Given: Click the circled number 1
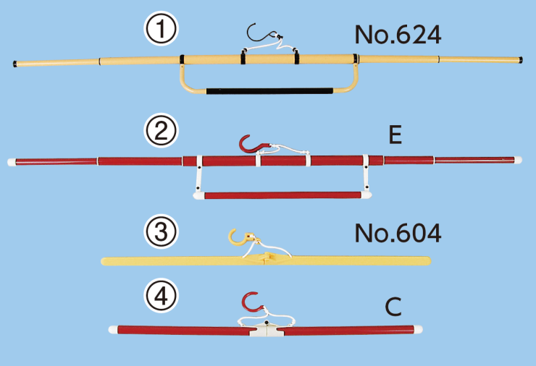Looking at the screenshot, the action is click(161, 29).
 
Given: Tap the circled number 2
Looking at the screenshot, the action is click(161, 131).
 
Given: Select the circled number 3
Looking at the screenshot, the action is click(161, 231).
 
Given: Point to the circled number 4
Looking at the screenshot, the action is click(161, 296).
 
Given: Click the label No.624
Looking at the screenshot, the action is click(398, 35).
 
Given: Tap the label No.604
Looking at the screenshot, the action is click(398, 233).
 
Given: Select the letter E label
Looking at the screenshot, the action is click(395, 135).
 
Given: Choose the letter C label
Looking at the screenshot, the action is click(393, 307).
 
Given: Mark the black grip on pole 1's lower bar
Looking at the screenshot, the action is click(269, 91).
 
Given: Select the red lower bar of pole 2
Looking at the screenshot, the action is click(282, 195).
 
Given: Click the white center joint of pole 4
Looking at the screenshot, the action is click(267, 329).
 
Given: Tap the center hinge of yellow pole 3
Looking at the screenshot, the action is click(267, 258).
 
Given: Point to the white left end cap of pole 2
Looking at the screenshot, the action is click(12, 162).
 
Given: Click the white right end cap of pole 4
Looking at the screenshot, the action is click(418, 329).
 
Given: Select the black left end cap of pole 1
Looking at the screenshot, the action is click(15, 64).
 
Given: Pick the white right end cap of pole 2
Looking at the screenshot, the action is click(518, 160).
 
